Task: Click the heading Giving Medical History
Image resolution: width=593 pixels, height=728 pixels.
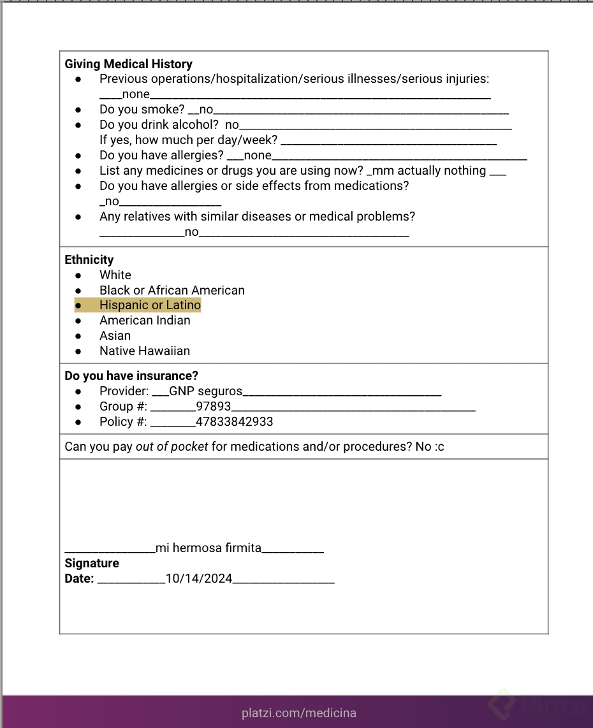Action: point(128,64)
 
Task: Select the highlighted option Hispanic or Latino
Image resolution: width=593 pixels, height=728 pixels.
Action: point(150,305)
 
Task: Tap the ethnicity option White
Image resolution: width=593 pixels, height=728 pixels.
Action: point(115,275)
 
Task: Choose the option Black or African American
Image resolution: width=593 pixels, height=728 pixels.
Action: point(172,290)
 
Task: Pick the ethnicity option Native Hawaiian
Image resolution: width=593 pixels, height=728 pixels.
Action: point(145,351)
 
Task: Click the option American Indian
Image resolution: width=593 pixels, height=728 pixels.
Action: point(145,321)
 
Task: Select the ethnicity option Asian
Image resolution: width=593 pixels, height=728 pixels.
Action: point(115,336)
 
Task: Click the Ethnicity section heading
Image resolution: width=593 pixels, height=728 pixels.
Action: point(89,259)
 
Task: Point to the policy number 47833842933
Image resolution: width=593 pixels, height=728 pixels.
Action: point(235,421)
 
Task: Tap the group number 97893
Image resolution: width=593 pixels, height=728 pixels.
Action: point(214,406)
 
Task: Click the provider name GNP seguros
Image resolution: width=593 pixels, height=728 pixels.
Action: point(206,391)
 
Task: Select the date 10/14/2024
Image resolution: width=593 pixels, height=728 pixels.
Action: point(199,579)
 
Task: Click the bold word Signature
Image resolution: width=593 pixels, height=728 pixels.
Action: point(92,564)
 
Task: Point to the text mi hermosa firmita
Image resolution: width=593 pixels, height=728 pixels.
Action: point(209,548)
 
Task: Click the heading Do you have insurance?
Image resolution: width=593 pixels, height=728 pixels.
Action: point(131,375)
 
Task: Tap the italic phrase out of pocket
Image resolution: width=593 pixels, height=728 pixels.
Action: point(172,446)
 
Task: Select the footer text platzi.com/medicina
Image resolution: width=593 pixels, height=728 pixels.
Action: point(299,713)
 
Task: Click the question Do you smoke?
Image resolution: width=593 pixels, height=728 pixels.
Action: point(142,110)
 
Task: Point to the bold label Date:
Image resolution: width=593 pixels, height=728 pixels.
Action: point(79,579)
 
